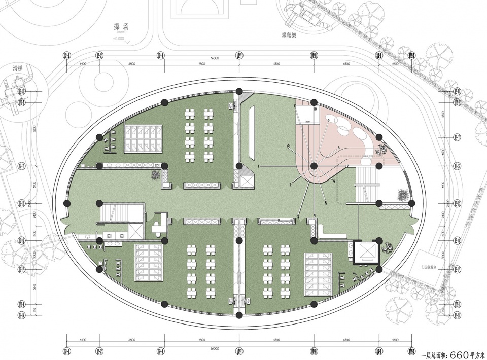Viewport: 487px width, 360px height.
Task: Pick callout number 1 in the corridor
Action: pyautogui.click(x=258, y=166)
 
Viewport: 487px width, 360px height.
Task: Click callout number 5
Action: pyautogui.click(x=326, y=203)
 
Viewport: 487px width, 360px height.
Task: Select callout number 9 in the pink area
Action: pyautogui.click(x=328, y=120)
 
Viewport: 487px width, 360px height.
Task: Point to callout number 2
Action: pyautogui.click(x=290, y=186)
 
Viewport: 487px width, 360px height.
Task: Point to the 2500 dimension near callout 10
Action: pyautogui.click(x=307, y=122)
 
